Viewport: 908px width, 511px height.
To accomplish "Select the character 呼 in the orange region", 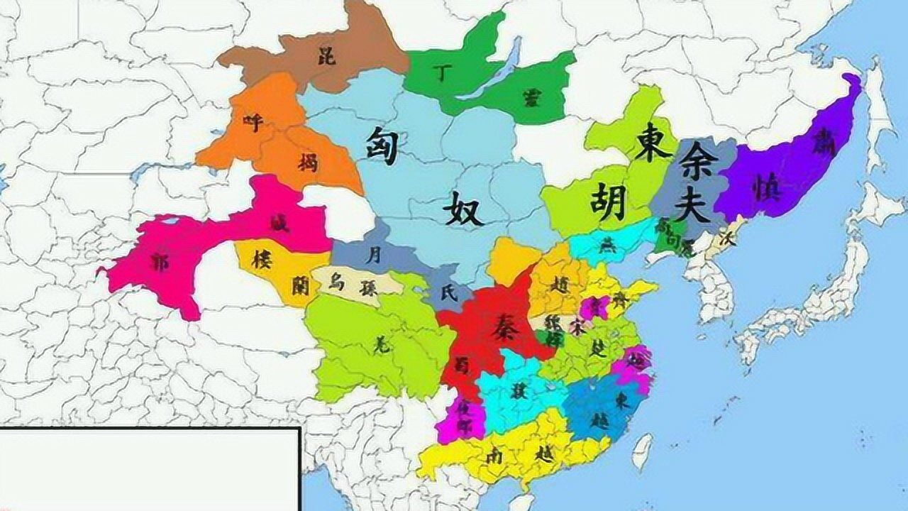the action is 253,122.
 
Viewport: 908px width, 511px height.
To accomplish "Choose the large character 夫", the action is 692,204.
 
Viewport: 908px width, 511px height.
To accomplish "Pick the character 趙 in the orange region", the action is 560,285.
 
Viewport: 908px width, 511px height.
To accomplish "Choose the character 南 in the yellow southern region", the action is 494,456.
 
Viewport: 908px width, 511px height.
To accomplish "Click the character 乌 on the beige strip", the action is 338,282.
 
